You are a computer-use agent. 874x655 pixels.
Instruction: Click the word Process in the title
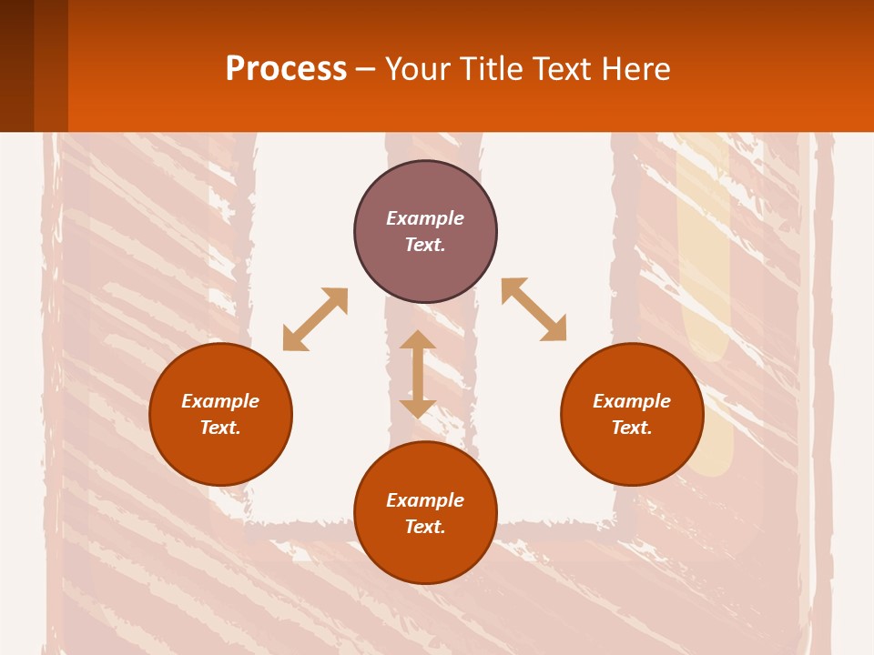tap(286, 69)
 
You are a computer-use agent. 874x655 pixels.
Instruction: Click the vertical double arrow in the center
tap(418, 374)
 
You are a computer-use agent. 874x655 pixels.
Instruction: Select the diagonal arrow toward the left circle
tap(315, 319)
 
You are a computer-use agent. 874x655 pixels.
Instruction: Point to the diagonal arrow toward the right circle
tap(534, 309)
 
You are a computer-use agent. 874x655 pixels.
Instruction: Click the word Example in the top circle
tap(425, 218)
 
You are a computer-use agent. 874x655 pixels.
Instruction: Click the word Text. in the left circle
tap(220, 428)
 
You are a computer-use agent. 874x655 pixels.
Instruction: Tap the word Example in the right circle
tap(632, 401)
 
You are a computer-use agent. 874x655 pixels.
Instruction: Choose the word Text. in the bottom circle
tap(425, 527)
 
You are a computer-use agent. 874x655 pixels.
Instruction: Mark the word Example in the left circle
tap(220, 401)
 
